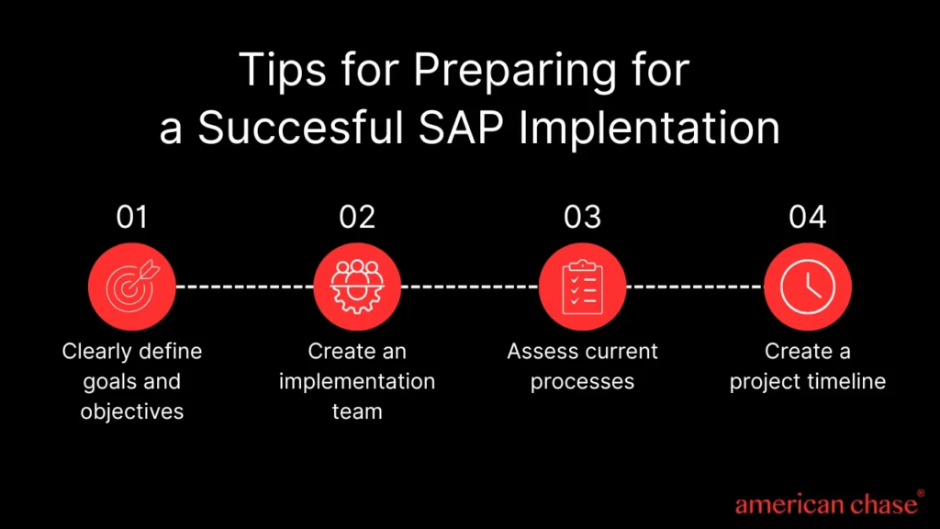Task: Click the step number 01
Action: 132,217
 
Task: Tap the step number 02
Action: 357,217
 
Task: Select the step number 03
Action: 582,217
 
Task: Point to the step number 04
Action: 808,217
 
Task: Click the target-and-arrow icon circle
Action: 132,287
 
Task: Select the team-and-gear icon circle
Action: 357,287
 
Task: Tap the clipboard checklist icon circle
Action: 582,287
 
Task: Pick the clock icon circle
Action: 808,287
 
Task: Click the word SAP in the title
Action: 461,128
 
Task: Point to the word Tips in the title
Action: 283,71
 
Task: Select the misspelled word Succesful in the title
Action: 300,128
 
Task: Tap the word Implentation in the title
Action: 649,129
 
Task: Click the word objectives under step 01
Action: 132,411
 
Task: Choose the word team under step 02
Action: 357,412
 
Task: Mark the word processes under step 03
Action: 582,382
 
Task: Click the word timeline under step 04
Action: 846,381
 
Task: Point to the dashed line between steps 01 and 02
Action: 244,287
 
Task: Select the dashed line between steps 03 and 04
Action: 695,287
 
